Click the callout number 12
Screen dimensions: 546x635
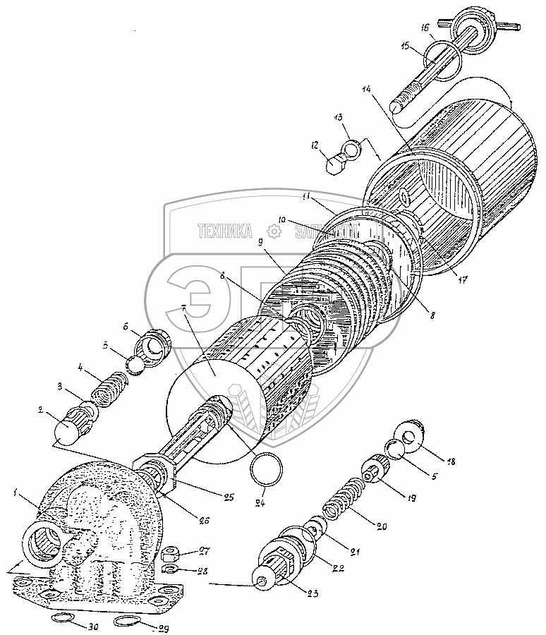(315, 145)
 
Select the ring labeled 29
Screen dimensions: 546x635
(125, 621)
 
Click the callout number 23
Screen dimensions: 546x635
(313, 593)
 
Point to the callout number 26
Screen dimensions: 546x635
(205, 521)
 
